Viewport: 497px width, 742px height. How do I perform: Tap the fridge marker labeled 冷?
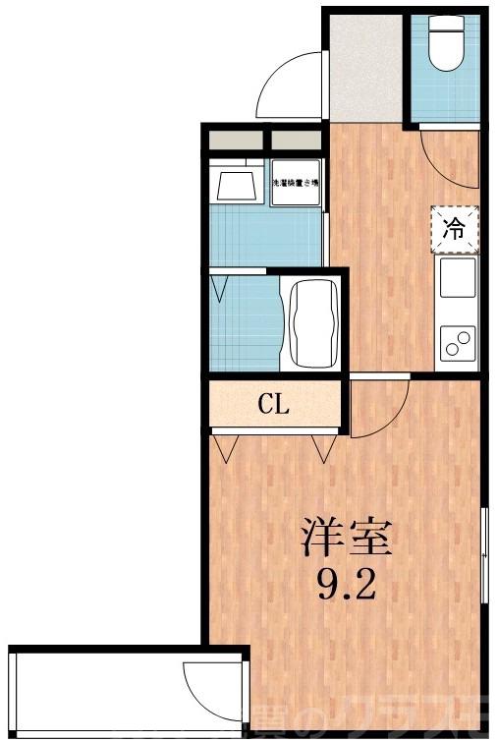pyautogui.click(x=454, y=229)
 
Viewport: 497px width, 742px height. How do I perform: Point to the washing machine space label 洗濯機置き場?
pyautogui.click(x=296, y=183)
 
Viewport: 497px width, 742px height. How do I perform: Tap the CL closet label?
pyautogui.click(x=273, y=405)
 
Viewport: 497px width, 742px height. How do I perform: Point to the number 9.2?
pyautogui.click(x=346, y=587)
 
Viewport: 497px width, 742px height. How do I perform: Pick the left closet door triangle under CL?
pyautogui.click(x=229, y=448)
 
